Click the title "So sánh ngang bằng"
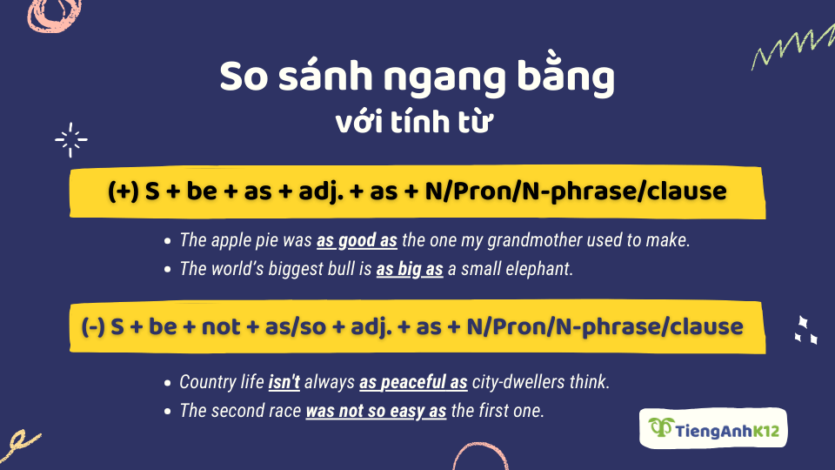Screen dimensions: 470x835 [x=417, y=78]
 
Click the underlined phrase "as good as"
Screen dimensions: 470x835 [x=357, y=241]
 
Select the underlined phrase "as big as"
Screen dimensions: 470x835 [x=410, y=269]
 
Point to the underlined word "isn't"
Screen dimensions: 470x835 [x=284, y=382]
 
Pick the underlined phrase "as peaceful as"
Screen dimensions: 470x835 [x=414, y=382]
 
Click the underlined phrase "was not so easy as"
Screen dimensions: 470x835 [x=376, y=411]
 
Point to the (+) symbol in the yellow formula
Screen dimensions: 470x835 [x=124, y=191]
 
